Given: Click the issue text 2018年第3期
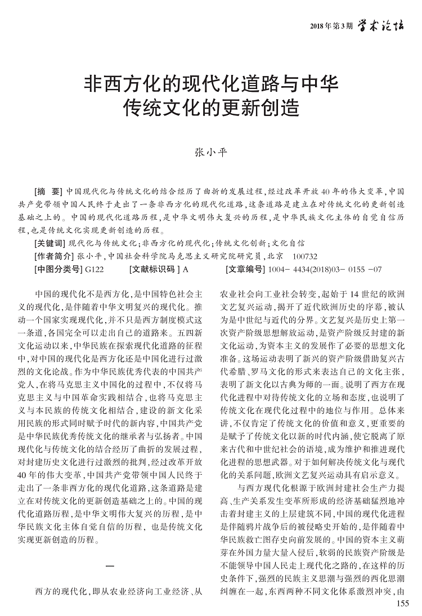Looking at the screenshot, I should pos(331,26).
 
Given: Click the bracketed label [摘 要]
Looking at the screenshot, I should pos(48,191).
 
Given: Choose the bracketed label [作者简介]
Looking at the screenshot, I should pos(53,256).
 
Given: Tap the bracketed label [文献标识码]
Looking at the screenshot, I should pos(154,269).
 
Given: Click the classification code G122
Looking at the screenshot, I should pos(94,269).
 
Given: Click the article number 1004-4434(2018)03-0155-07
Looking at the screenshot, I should pos(326,269).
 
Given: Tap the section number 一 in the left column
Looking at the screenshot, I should pos(110,565).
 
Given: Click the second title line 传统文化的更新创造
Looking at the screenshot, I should pos(210,108).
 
